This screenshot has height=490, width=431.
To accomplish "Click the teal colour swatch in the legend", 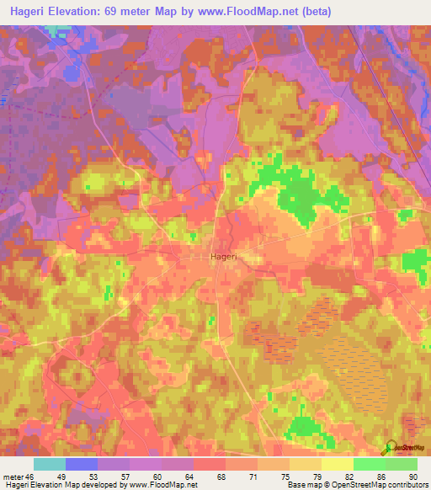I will tap(49, 464).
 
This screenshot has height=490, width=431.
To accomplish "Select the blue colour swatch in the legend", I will tap(82, 464).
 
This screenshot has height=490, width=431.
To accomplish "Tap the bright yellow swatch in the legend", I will tap(337, 464).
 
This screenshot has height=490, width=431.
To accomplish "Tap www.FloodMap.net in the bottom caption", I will tap(166, 486).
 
